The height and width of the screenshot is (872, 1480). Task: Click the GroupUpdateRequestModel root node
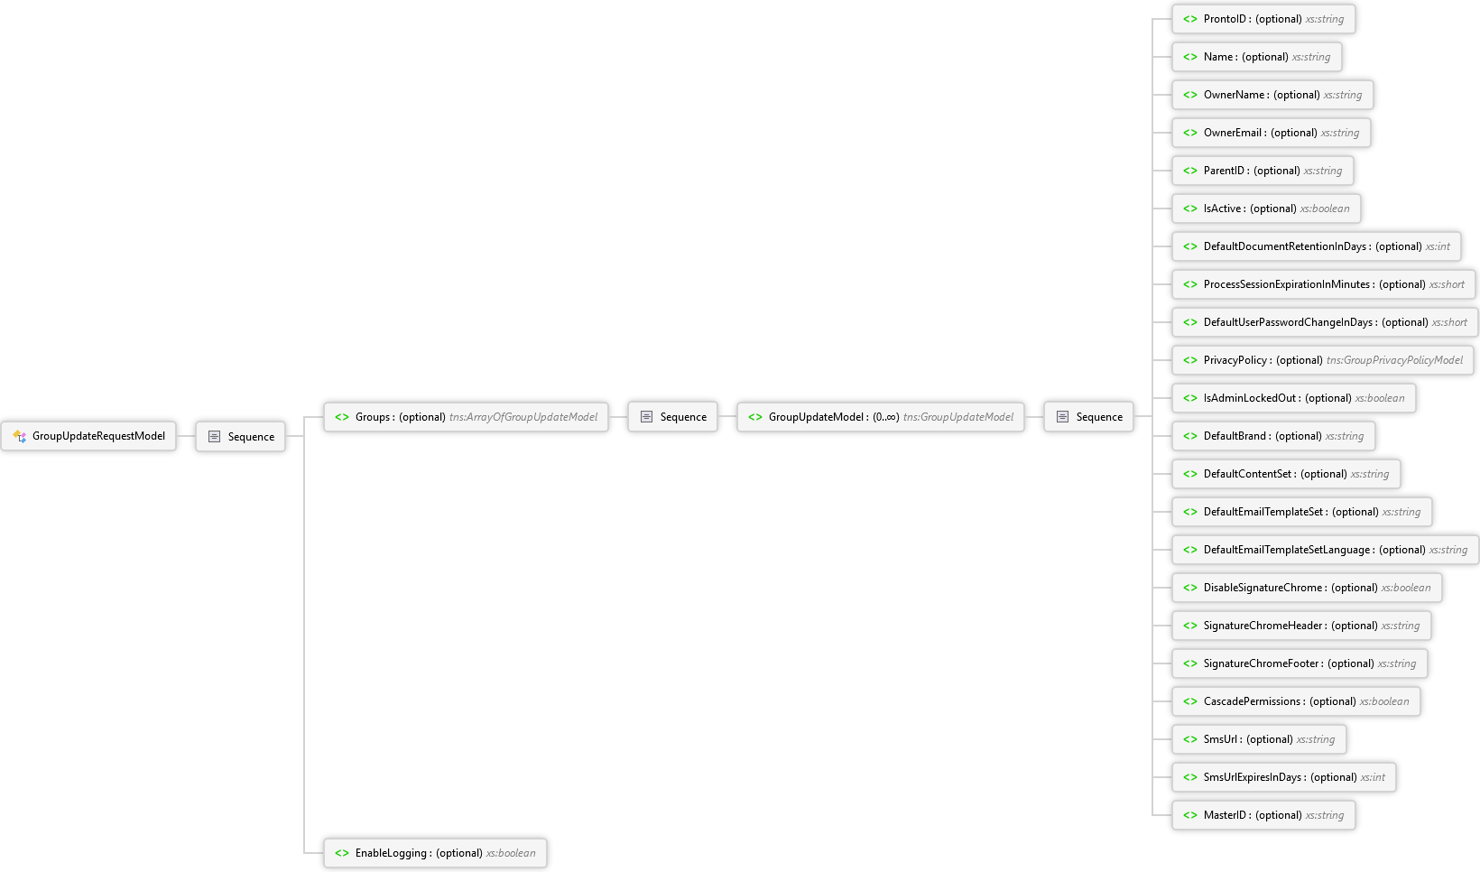pyautogui.click(x=88, y=436)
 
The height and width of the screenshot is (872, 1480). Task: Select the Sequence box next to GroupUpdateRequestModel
pyautogui.click(x=240, y=436)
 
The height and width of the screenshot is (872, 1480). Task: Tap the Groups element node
pyautogui.click(x=466, y=417)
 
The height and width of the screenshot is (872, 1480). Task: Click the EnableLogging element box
pyautogui.click(x=435, y=853)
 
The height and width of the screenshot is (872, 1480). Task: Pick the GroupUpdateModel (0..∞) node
pyautogui.click(x=881, y=417)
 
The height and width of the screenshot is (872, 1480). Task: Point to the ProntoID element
pyautogui.click(x=1264, y=19)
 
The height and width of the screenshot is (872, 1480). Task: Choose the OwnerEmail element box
pyautogui.click(x=1272, y=133)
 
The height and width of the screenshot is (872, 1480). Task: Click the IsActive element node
pyautogui.click(x=1267, y=209)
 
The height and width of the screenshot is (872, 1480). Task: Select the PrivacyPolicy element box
pyautogui.click(x=1323, y=360)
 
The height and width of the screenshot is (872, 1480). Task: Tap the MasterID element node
pyautogui.click(x=1264, y=815)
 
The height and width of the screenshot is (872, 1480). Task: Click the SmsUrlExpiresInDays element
pyautogui.click(x=1284, y=777)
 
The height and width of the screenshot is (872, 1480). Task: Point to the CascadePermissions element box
pyautogui.click(x=1296, y=701)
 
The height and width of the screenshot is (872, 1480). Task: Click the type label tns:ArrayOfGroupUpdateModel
pyautogui.click(x=523, y=417)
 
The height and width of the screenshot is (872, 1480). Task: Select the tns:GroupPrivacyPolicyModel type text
pyautogui.click(x=1395, y=360)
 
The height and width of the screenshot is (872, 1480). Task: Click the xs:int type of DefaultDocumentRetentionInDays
pyautogui.click(x=1438, y=246)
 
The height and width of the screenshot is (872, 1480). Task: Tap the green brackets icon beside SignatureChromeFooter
pyautogui.click(x=1190, y=663)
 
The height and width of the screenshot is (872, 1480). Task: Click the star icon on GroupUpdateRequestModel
pyautogui.click(x=19, y=436)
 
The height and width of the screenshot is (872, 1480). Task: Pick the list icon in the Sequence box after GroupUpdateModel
pyautogui.click(x=1062, y=417)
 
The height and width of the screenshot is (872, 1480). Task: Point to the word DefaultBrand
pyautogui.click(x=1235, y=436)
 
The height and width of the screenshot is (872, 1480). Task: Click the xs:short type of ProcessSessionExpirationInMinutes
pyautogui.click(x=1447, y=284)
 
